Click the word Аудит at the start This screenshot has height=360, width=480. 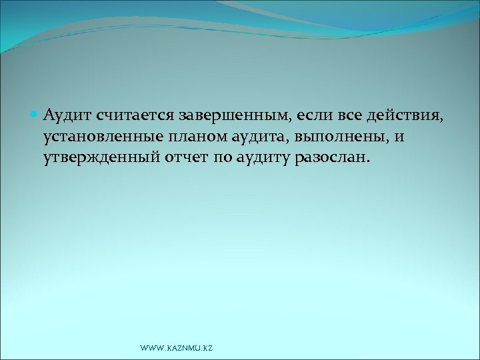click(67, 117)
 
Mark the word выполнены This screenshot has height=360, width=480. click(335, 138)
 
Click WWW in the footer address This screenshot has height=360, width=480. click(151, 349)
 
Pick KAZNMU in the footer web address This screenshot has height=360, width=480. click(181, 349)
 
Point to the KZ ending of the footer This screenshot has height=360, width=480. click(207, 349)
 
